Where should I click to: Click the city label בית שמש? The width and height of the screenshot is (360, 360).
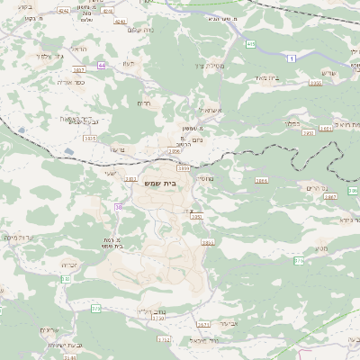(185, 183)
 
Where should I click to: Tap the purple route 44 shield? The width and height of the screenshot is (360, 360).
(103, 66)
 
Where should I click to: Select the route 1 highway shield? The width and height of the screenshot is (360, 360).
(292, 58)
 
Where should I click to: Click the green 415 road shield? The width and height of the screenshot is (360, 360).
(250, 43)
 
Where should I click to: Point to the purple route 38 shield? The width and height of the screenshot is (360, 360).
(118, 208)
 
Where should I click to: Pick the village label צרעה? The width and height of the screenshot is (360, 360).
(116, 149)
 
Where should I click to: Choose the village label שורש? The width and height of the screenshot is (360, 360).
(326, 73)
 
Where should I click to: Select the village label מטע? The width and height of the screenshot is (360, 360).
(321, 248)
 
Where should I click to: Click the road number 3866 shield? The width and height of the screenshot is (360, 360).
(261, 181)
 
